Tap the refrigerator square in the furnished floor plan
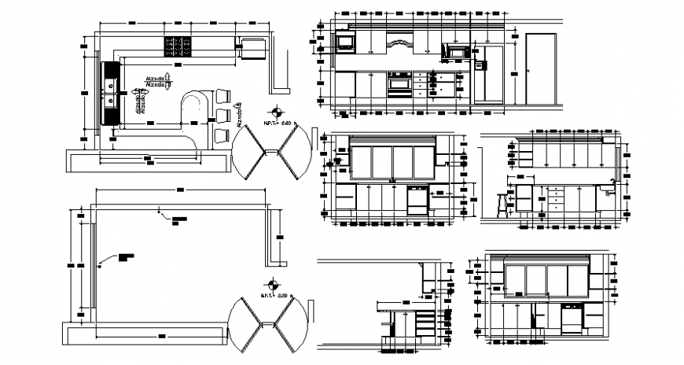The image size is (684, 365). (252, 48)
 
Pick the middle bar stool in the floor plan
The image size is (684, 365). (222, 116)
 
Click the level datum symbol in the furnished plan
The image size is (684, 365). (274, 112)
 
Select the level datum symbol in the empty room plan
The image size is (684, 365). (272, 285)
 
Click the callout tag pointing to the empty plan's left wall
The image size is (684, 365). (127, 256)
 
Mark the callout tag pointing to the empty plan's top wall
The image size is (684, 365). (180, 217)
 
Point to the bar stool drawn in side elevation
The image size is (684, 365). (502, 204)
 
